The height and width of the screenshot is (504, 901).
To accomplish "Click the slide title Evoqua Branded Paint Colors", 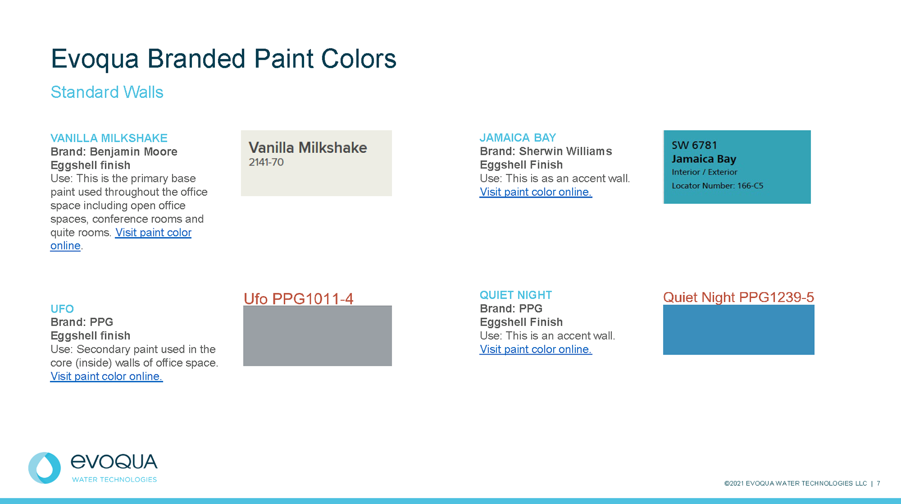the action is [223, 59].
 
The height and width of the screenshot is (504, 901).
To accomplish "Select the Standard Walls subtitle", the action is [107, 92].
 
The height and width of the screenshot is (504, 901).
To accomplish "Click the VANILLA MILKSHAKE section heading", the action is [109, 138].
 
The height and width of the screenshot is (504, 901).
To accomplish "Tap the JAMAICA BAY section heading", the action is [518, 138].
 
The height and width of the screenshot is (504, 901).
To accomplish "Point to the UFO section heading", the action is [62, 309].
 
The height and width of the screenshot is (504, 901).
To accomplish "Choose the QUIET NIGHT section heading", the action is [516, 295].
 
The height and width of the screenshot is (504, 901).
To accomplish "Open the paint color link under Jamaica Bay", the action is [536, 192].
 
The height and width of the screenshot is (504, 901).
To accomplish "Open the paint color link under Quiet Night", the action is [536, 349].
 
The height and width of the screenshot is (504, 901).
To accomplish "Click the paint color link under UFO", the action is [107, 376].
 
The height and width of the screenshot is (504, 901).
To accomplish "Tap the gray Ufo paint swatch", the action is [317, 336].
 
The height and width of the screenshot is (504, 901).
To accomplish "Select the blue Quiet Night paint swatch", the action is [739, 330].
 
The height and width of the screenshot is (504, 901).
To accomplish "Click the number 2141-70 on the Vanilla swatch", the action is [266, 162].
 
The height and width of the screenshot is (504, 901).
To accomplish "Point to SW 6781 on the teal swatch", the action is [695, 145].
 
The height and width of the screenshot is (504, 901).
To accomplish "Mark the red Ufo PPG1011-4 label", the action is [298, 299].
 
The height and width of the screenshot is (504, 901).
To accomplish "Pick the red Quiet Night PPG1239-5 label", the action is [739, 297].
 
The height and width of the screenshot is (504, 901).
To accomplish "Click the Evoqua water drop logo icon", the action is [45, 468].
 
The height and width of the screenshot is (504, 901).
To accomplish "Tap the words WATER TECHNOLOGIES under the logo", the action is [115, 480].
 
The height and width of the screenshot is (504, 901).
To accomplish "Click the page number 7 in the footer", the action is [878, 483].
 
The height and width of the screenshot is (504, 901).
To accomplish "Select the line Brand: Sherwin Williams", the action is [546, 151].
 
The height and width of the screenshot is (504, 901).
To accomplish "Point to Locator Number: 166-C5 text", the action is [718, 186].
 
